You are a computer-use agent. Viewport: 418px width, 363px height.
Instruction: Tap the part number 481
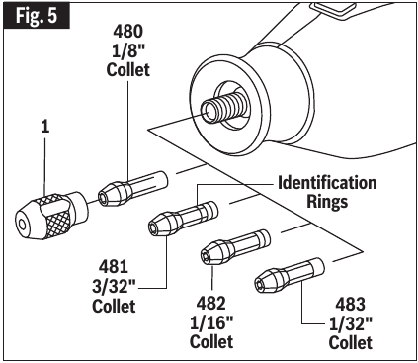117,267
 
